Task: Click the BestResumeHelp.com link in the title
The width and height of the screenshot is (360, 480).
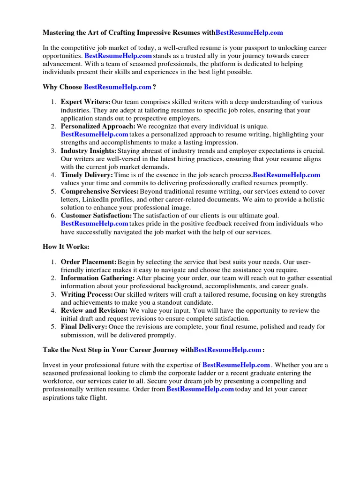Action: pos(249,32)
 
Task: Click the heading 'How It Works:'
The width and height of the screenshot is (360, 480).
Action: pos(66,247)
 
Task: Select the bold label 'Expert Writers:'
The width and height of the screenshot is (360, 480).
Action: pos(86,102)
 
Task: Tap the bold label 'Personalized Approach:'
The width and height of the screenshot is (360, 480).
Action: pos(98,127)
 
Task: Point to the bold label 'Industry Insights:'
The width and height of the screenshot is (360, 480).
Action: pos(89,151)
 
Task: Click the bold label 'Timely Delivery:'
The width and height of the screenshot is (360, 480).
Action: pos(87,175)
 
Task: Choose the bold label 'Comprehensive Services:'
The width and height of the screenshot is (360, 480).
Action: pos(100,191)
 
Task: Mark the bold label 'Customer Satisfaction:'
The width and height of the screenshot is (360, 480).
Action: pos(97,216)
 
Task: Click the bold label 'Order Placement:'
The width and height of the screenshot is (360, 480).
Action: pos(89,262)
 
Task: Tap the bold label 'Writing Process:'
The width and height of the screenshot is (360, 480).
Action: pos(87,294)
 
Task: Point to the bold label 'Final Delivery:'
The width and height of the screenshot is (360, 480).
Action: pos(84,327)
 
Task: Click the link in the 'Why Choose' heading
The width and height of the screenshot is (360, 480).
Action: pos(118,87)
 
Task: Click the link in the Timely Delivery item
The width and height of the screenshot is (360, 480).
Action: pos(286,175)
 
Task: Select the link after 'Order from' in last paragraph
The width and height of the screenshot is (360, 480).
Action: pos(200,390)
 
